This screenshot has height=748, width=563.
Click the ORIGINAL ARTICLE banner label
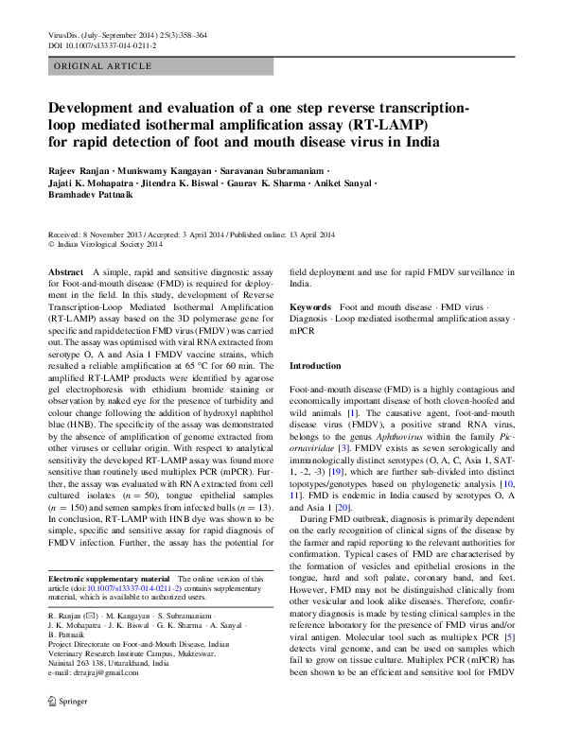(x=103, y=66)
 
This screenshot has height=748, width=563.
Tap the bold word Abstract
(x=65, y=272)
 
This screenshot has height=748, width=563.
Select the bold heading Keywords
(x=310, y=308)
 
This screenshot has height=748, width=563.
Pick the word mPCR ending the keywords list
(x=302, y=333)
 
